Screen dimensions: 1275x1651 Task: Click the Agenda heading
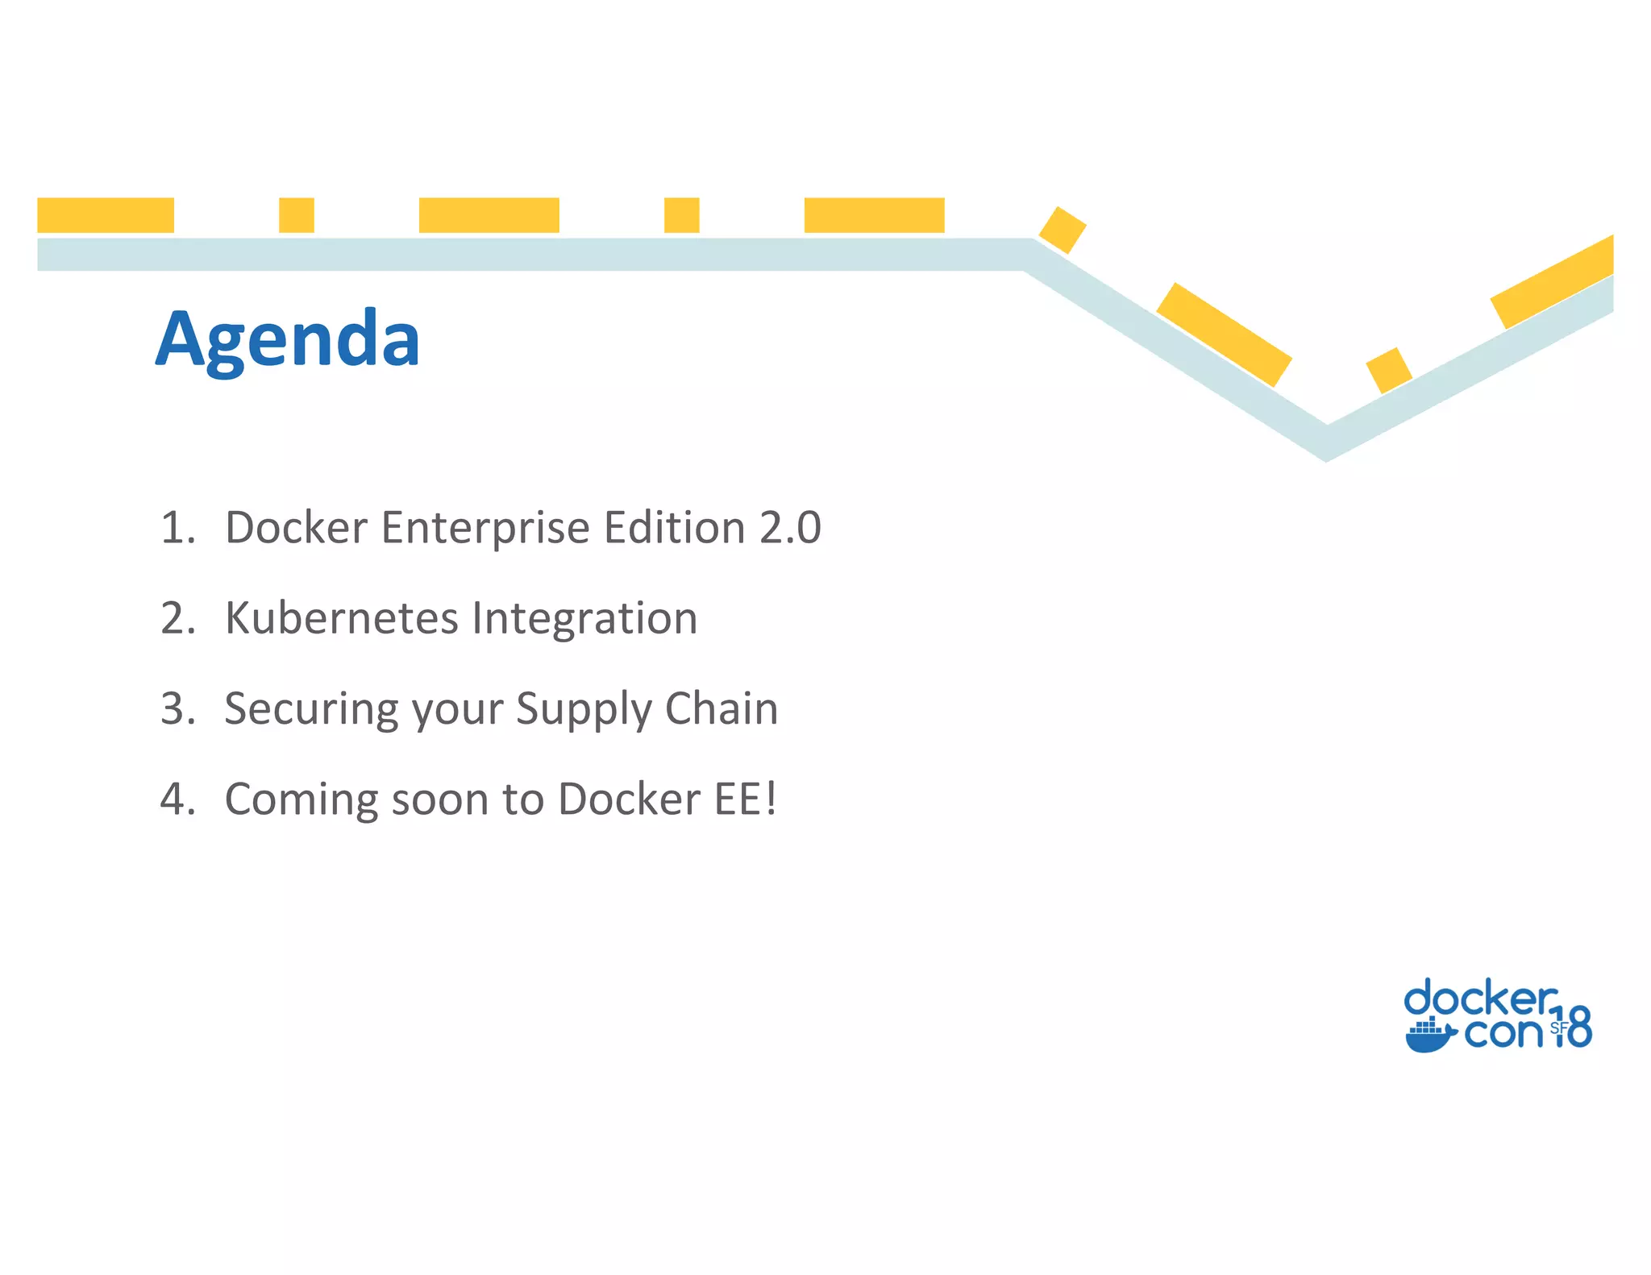point(288,338)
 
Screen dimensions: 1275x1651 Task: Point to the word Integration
point(584,618)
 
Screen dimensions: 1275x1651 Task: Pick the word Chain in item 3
point(722,709)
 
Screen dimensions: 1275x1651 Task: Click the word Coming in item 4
point(302,800)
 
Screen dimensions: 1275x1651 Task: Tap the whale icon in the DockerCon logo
point(1430,1036)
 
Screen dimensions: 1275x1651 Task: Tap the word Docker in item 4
point(629,799)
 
